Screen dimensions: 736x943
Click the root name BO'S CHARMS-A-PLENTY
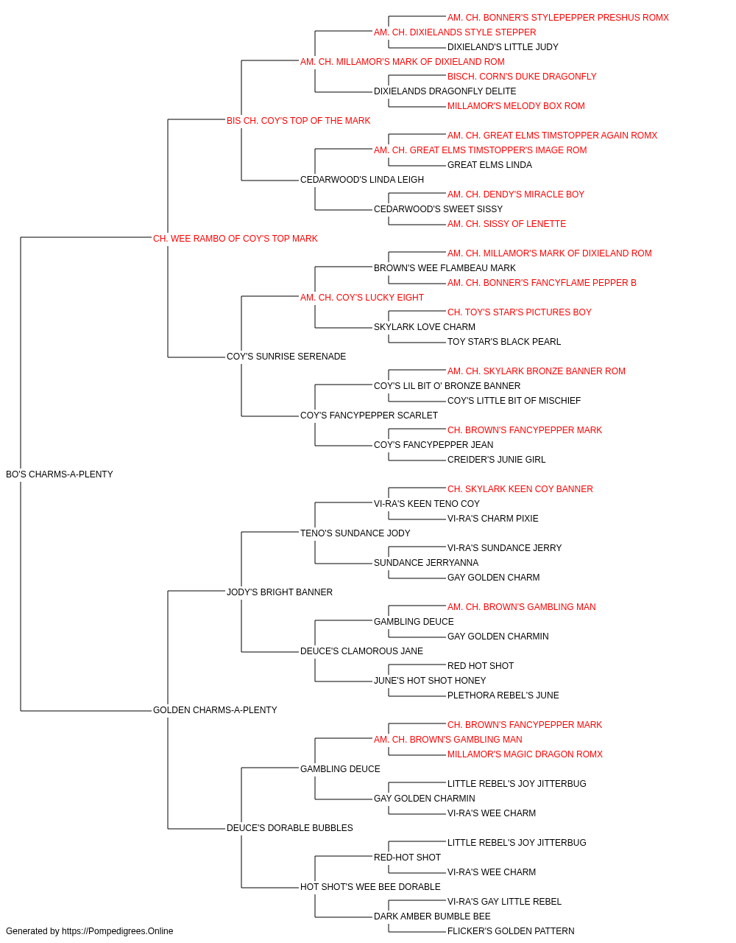[60, 474]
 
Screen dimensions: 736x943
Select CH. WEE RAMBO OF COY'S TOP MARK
[235, 238]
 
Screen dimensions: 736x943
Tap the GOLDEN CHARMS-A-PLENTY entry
[215, 709]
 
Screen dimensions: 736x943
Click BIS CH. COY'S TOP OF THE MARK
[298, 120]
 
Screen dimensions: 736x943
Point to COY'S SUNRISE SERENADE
[286, 357]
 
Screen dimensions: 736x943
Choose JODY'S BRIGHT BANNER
[280, 592]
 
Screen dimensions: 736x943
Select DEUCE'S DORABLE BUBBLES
[289, 827]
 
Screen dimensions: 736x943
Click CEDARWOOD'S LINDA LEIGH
[362, 179]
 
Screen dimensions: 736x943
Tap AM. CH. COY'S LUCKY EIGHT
[362, 297]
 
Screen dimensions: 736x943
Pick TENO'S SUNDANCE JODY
[355, 533]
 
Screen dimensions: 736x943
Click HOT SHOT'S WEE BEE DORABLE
[370, 886]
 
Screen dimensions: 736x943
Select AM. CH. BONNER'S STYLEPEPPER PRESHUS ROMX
[558, 18]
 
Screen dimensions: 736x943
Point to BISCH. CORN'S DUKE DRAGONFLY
[522, 77]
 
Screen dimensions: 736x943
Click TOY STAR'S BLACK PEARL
[504, 342]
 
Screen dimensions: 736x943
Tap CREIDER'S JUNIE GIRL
[496, 459]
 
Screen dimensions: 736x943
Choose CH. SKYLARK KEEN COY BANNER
[520, 488]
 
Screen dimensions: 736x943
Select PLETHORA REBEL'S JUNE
[503, 695]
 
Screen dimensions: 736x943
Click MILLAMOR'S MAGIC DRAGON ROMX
[525, 754]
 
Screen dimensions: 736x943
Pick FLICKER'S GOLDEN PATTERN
[511, 931]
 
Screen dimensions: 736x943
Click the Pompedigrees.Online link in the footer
[118, 931]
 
